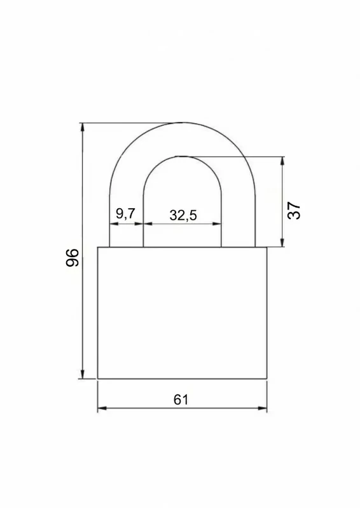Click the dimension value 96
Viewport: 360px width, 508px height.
coord(73,258)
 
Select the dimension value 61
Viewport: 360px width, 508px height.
coord(181,400)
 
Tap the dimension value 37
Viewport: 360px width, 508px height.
coord(294,211)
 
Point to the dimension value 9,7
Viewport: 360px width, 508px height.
coord(125,213)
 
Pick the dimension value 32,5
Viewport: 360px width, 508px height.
coord(183,215)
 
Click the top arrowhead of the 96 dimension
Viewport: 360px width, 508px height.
coord(83,127)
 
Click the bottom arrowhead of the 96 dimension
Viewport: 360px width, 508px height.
coord(83,375)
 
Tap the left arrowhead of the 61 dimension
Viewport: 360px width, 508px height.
coord(102,408)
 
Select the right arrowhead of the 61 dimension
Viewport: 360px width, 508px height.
coord(263,408)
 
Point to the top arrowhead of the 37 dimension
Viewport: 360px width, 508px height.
coord(282,161)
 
